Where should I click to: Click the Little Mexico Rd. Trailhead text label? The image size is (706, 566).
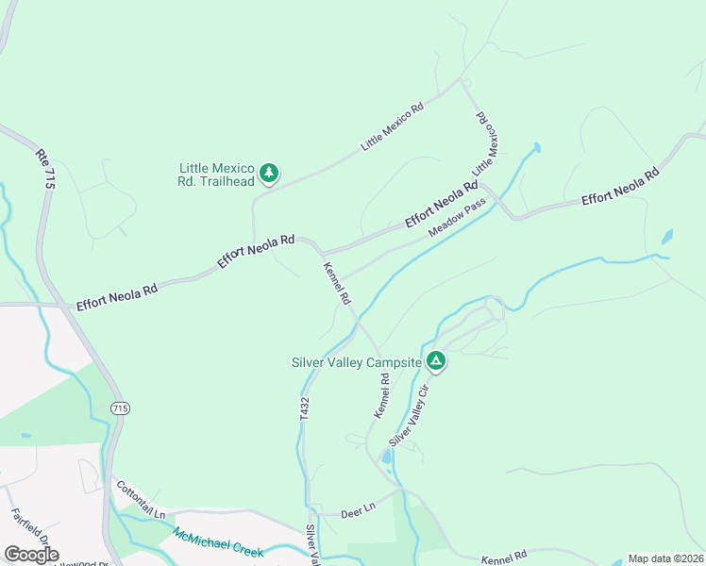pyautogui.click(x=216, y=175)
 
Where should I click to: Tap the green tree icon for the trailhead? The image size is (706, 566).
pyautogui.click(x=270, y=173)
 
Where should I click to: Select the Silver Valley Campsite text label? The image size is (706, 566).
pyautogui.click(x=357, y=361)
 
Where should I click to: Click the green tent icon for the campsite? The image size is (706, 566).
pyautogui.click(x=436, y=360)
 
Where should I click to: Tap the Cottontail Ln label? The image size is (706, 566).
pyautogui.click(x=140, y=500)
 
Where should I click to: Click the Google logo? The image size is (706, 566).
pyautogui.click(x=32, y=555)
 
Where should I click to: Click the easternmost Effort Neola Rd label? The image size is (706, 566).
pyautogui.click(x=619, y=186)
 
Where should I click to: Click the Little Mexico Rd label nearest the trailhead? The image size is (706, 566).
pyautogui.click(x=394, y=126)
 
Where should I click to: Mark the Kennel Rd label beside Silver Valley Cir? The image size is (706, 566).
pyautogui.click(x=381, y=396)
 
